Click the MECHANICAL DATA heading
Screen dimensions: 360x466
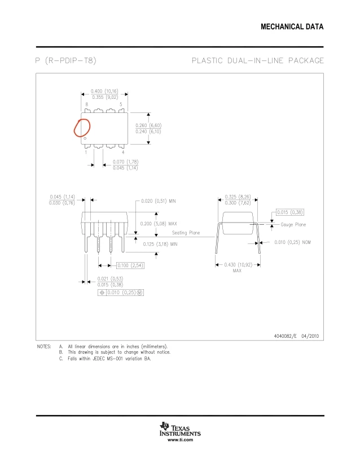292,28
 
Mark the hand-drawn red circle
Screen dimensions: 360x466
82,128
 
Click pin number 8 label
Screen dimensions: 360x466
87,104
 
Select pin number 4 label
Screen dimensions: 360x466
123,153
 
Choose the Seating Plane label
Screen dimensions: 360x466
187,232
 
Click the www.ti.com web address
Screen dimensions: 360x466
181,439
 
